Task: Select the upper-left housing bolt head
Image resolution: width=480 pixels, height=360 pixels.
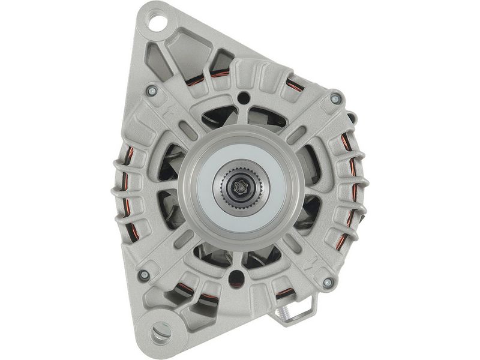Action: click(152, 91)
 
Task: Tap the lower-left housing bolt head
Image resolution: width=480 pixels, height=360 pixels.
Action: click(144, 275)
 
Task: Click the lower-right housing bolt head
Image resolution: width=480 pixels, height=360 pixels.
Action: click(328, 282)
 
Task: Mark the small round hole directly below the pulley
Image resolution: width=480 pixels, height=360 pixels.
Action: click(238, 277)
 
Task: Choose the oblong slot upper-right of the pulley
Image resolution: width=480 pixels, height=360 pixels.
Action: click(295, 133)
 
